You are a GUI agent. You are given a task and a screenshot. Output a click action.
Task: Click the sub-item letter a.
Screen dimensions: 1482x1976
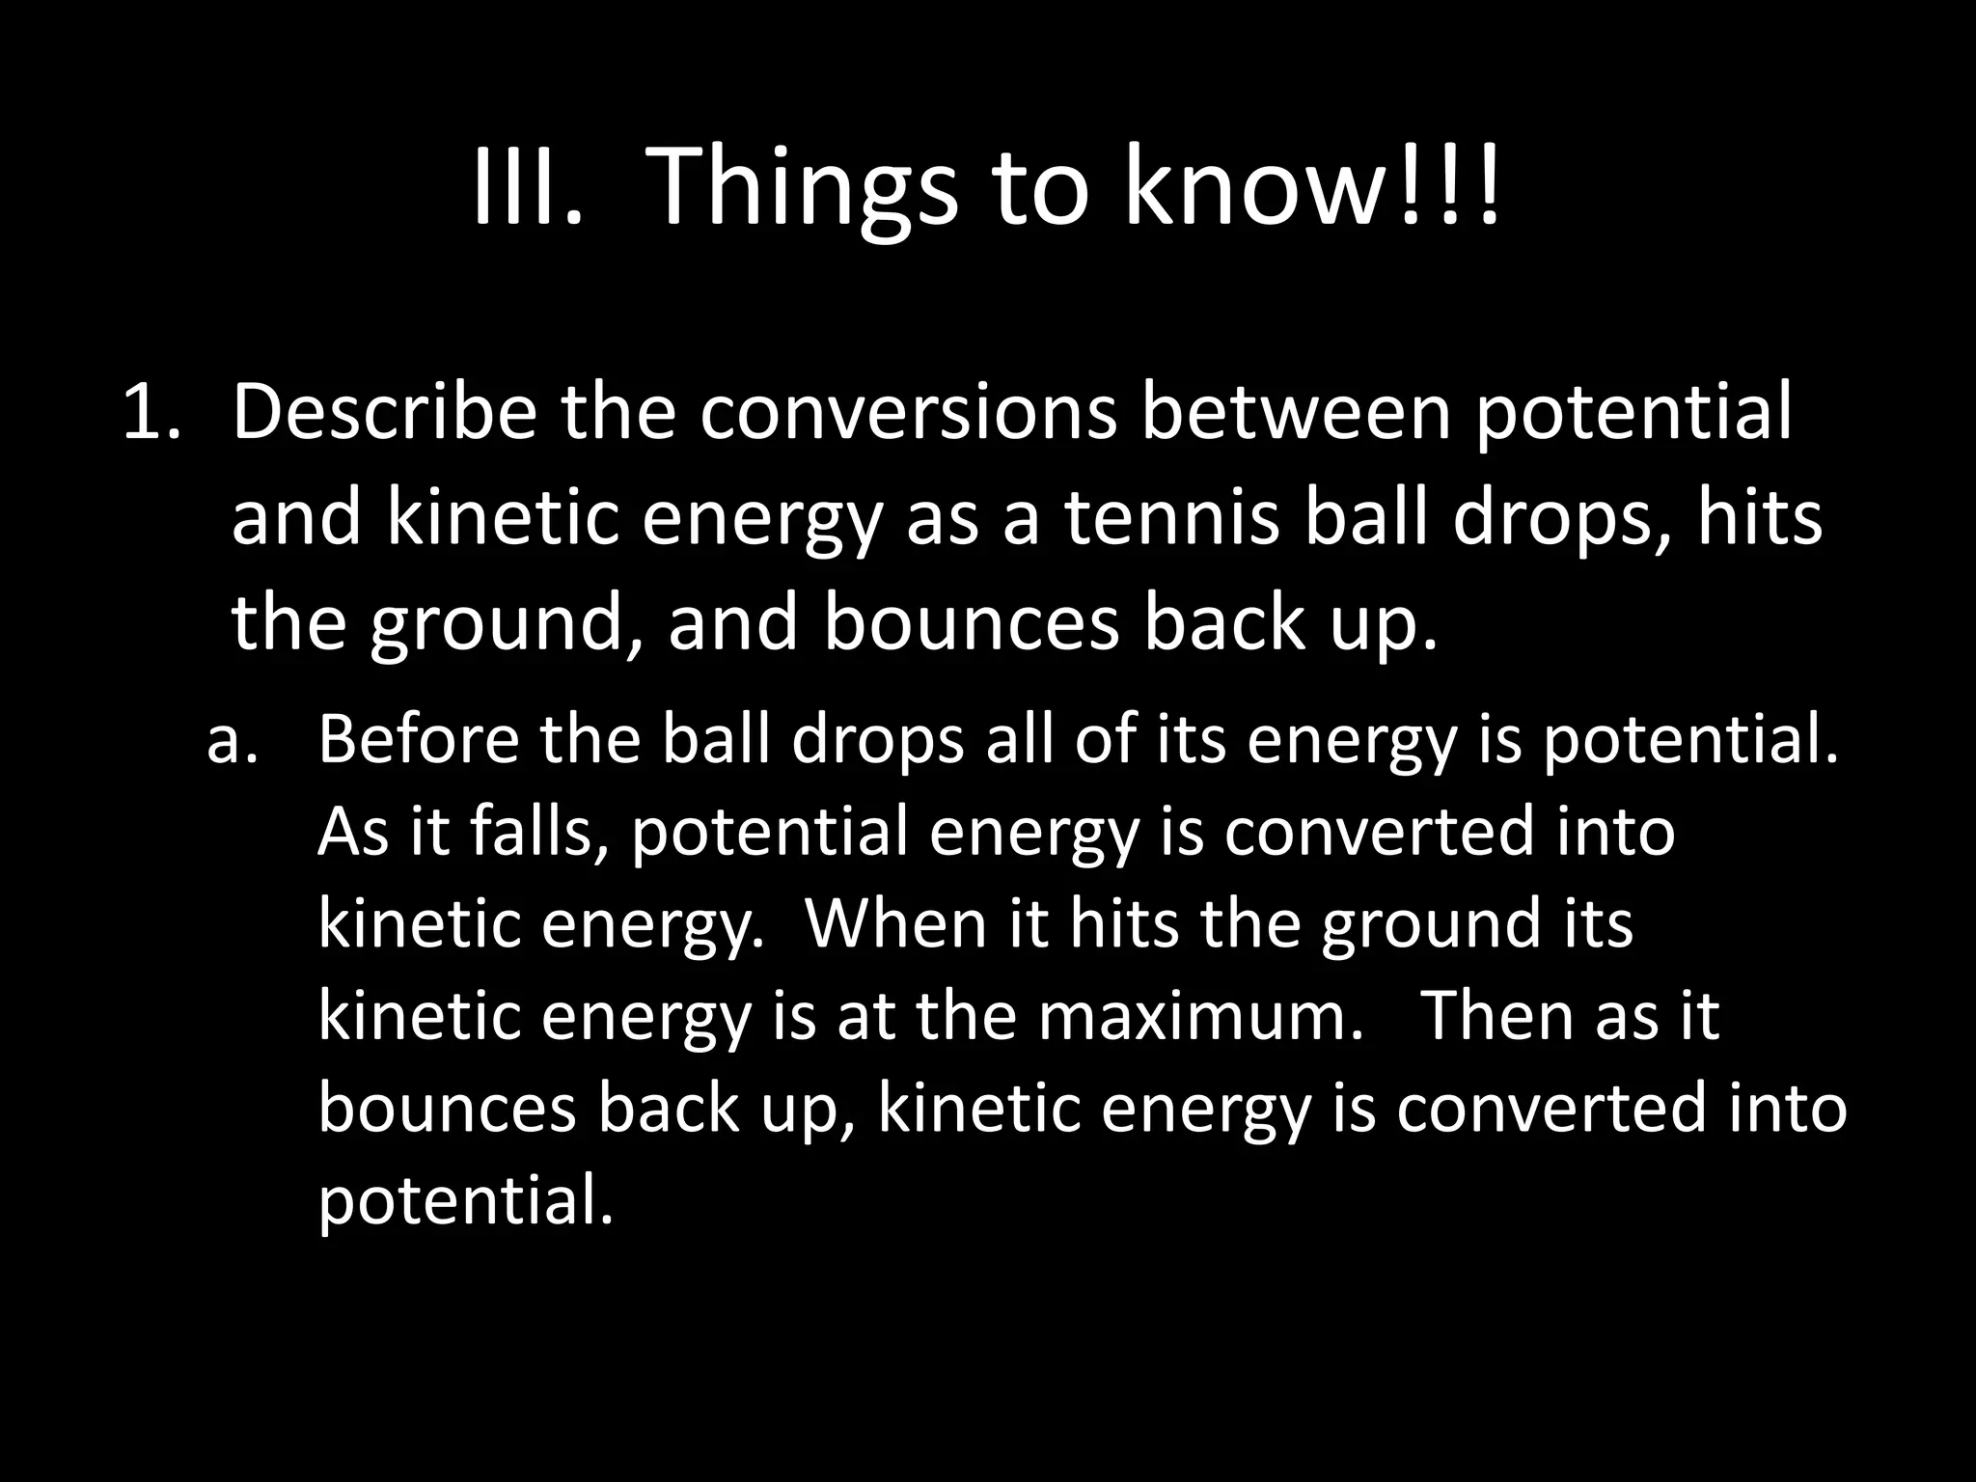tap(232, 740)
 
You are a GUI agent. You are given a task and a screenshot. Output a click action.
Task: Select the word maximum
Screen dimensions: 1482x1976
tap(1200, 1015)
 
